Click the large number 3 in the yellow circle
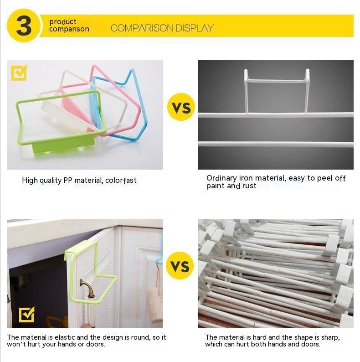click(x=24, y=26)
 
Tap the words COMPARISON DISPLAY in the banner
click(x=162, y=28)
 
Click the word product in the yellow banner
click(x=62, y=22)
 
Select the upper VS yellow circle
click(x=181, y=107)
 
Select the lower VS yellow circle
click(x=180, y=265)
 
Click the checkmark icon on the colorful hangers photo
click(x=19, y=72)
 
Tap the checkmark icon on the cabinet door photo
click(x=26, y=315)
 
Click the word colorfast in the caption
click(x=121, y=180)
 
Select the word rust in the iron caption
click(x=249, y=186)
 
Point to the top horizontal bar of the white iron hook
click(x=277, y=81)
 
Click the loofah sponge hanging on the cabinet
click(x=154, y=304)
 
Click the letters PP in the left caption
click(x=68, y=180)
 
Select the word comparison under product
click(x=69, y=29)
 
